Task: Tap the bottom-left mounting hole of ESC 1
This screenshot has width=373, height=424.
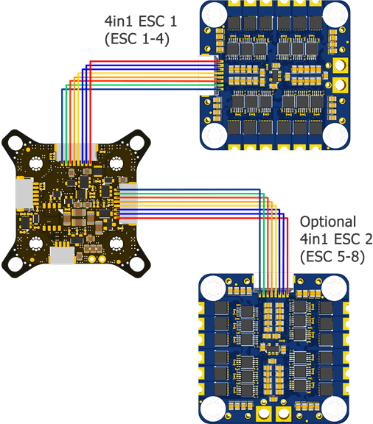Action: (215, 134)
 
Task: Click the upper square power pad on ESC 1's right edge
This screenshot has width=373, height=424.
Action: (342, 65)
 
